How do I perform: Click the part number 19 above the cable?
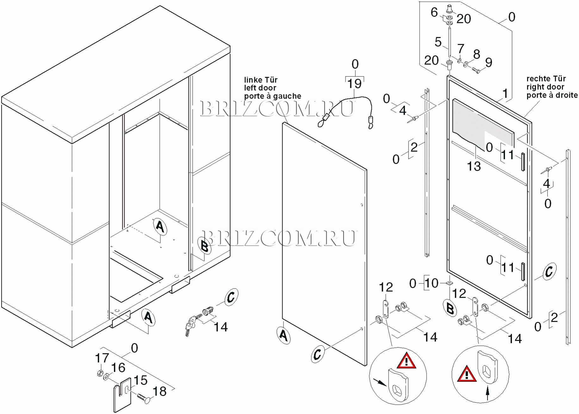click(x=354, y=83)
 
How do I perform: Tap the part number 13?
click(x=474, y=166)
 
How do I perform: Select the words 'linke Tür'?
click(x=260, y=80)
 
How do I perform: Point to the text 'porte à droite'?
click(x=552, y=95)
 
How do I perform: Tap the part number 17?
click(x=102, y=358)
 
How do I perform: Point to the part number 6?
click(x=434, y=12)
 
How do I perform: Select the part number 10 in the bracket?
click(x=431, y=283)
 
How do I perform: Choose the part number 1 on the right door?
click(x=505, y=94)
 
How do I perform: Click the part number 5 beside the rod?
click(x=438, y=42)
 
